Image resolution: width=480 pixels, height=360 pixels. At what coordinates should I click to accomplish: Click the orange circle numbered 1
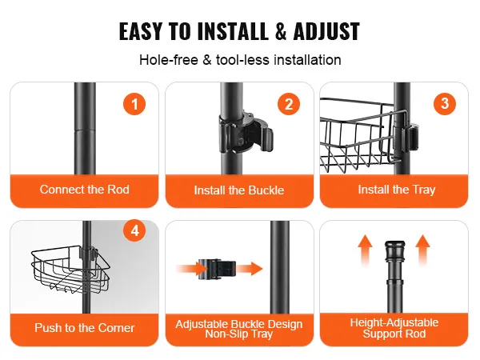point(134,104)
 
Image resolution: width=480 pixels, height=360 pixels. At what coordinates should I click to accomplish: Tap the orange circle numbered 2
point(289,104)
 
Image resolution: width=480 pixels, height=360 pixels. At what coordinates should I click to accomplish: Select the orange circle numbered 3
point(445,104)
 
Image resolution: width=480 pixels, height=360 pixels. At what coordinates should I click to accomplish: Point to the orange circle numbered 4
point(134,230)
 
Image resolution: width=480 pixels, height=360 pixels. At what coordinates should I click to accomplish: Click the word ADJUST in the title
point(326,31)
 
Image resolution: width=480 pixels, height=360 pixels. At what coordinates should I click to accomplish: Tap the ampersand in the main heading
point(281,31)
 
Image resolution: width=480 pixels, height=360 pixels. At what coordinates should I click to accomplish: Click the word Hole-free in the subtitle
point(169,60)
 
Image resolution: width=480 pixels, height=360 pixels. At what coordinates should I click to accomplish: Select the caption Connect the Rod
point(85,190)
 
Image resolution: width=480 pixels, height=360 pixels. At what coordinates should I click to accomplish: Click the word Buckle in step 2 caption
point(266,190)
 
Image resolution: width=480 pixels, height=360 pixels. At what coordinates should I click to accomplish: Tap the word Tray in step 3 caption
point(424,190)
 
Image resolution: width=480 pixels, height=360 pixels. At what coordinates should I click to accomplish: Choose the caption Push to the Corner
point(85,328)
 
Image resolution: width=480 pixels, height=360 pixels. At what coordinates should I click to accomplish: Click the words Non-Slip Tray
point(238,334)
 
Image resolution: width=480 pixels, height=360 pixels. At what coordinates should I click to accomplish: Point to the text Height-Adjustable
point(394,322)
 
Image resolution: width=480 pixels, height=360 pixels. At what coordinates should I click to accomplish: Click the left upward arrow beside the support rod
point(366,250)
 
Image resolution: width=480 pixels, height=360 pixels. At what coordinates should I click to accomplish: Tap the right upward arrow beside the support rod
point(422,250)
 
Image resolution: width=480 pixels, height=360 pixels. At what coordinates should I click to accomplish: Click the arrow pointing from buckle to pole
point(250,269)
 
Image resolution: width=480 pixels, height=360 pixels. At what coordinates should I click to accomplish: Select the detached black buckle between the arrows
point(217,269)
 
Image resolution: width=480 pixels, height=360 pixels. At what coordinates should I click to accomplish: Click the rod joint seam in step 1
point(85,130)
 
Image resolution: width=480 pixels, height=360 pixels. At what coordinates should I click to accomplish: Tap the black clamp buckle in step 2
point(246,134)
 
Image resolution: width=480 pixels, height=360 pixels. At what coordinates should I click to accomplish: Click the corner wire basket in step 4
point(70,269)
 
